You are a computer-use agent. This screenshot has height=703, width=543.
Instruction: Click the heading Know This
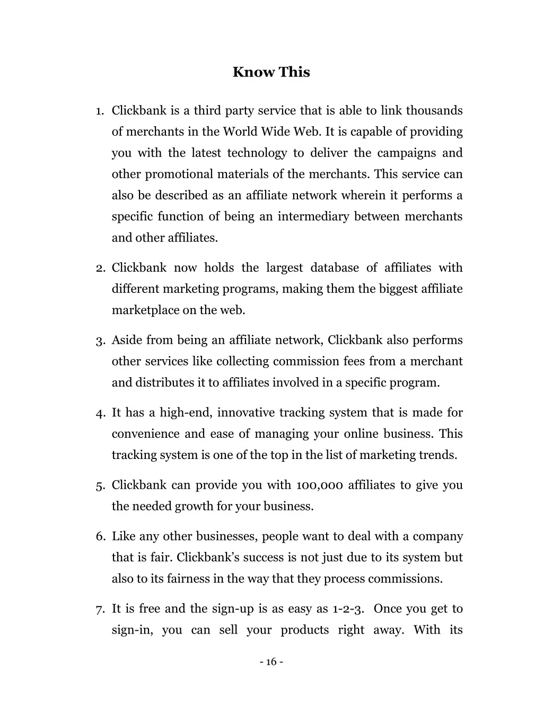pyautogui.click(x=271, y=72)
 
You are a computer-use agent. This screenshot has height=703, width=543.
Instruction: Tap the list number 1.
pyautogui.click(x=99, y=111)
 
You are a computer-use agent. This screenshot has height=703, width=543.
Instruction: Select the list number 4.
pyautogui.click(x=99, y=413)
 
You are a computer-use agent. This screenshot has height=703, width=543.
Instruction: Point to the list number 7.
pyautogui.click(x=99, y=609)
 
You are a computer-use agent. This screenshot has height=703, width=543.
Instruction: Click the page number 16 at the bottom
pyautogui.click(x=271, y=662)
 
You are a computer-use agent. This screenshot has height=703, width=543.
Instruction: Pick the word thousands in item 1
pyautogui.click(x=434, y=110)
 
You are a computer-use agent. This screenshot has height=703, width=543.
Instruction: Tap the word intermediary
pyautogui.click(x=313, y=216)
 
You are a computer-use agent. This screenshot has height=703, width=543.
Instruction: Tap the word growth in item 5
pyautogui.click(x=194, y=506)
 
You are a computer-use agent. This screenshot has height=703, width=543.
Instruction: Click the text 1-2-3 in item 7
pyautogui.click(x=348, y=609)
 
